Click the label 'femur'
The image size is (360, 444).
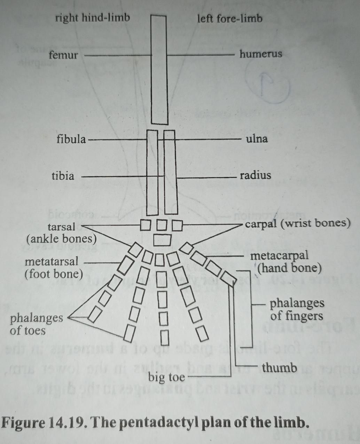pos(63,55)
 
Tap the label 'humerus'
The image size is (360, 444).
pos(260,54)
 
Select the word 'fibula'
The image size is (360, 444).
pos(71,139)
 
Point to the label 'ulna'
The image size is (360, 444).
pos(257,139)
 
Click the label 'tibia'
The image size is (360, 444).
pos(63,176)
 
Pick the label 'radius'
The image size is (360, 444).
pos(255,175)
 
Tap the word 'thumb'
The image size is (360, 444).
pos(280,367)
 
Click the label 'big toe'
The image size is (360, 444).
pos(166,377)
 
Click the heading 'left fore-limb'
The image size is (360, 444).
pos(230,18)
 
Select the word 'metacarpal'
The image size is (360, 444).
pos(279,255)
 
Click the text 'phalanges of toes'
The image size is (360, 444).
pos(36,324)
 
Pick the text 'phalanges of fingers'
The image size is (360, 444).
pos(297,309)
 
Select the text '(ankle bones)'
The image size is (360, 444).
pos(61,239)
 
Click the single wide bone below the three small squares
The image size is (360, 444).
pos(162,240)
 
